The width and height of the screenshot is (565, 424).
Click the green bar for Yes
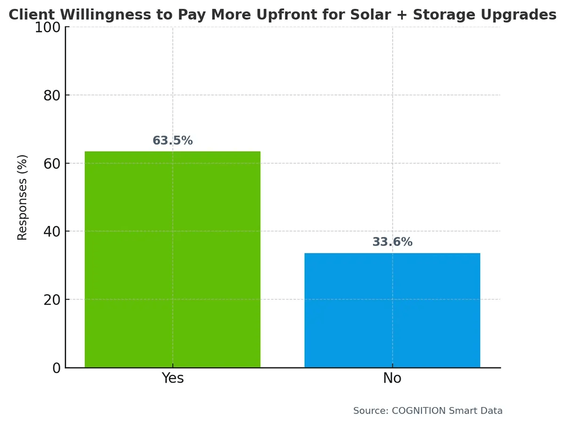(172, 259)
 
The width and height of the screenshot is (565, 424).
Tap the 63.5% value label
(172, 141)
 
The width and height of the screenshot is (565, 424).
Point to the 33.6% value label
(392, 242)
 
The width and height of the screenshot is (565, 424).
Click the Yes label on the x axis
(172, 378)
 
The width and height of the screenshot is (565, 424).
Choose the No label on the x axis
(392, 378)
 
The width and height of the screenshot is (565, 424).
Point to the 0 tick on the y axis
(56, 368)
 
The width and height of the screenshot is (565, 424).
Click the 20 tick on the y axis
(52, 300)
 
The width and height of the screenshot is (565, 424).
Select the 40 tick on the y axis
(52, 231)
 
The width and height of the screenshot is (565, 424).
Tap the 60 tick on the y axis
(52, 163)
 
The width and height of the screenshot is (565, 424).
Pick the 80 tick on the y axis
(52, 95)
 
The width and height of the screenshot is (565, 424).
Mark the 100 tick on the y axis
(48, 27)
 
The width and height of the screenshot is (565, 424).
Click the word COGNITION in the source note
(419, 411)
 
